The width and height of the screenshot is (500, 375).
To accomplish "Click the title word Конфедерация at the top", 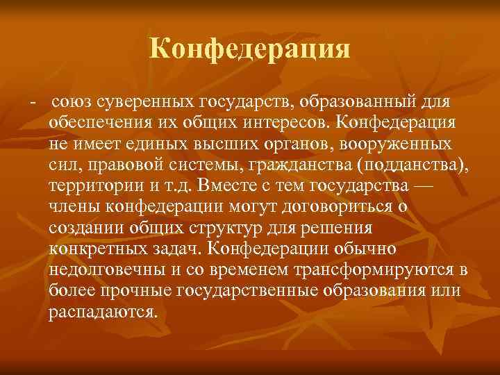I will pyautogui.click(x=250, y=49).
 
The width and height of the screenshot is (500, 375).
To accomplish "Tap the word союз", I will pyautogui.click(x=72, y=103).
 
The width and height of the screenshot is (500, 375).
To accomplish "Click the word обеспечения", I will pyautogui.click(x=104, y=124).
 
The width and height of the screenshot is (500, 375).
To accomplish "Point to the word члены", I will pyautogui.click(x=74, y=208).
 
